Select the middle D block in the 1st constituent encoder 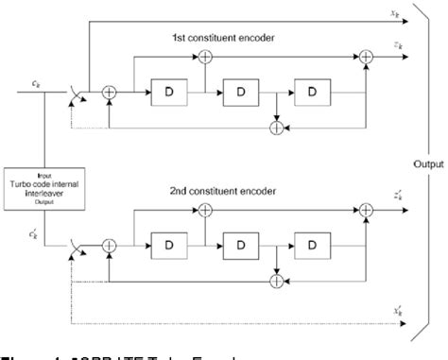(240, 94)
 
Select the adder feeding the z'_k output (366, 208)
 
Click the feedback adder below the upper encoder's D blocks (276, 126)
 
